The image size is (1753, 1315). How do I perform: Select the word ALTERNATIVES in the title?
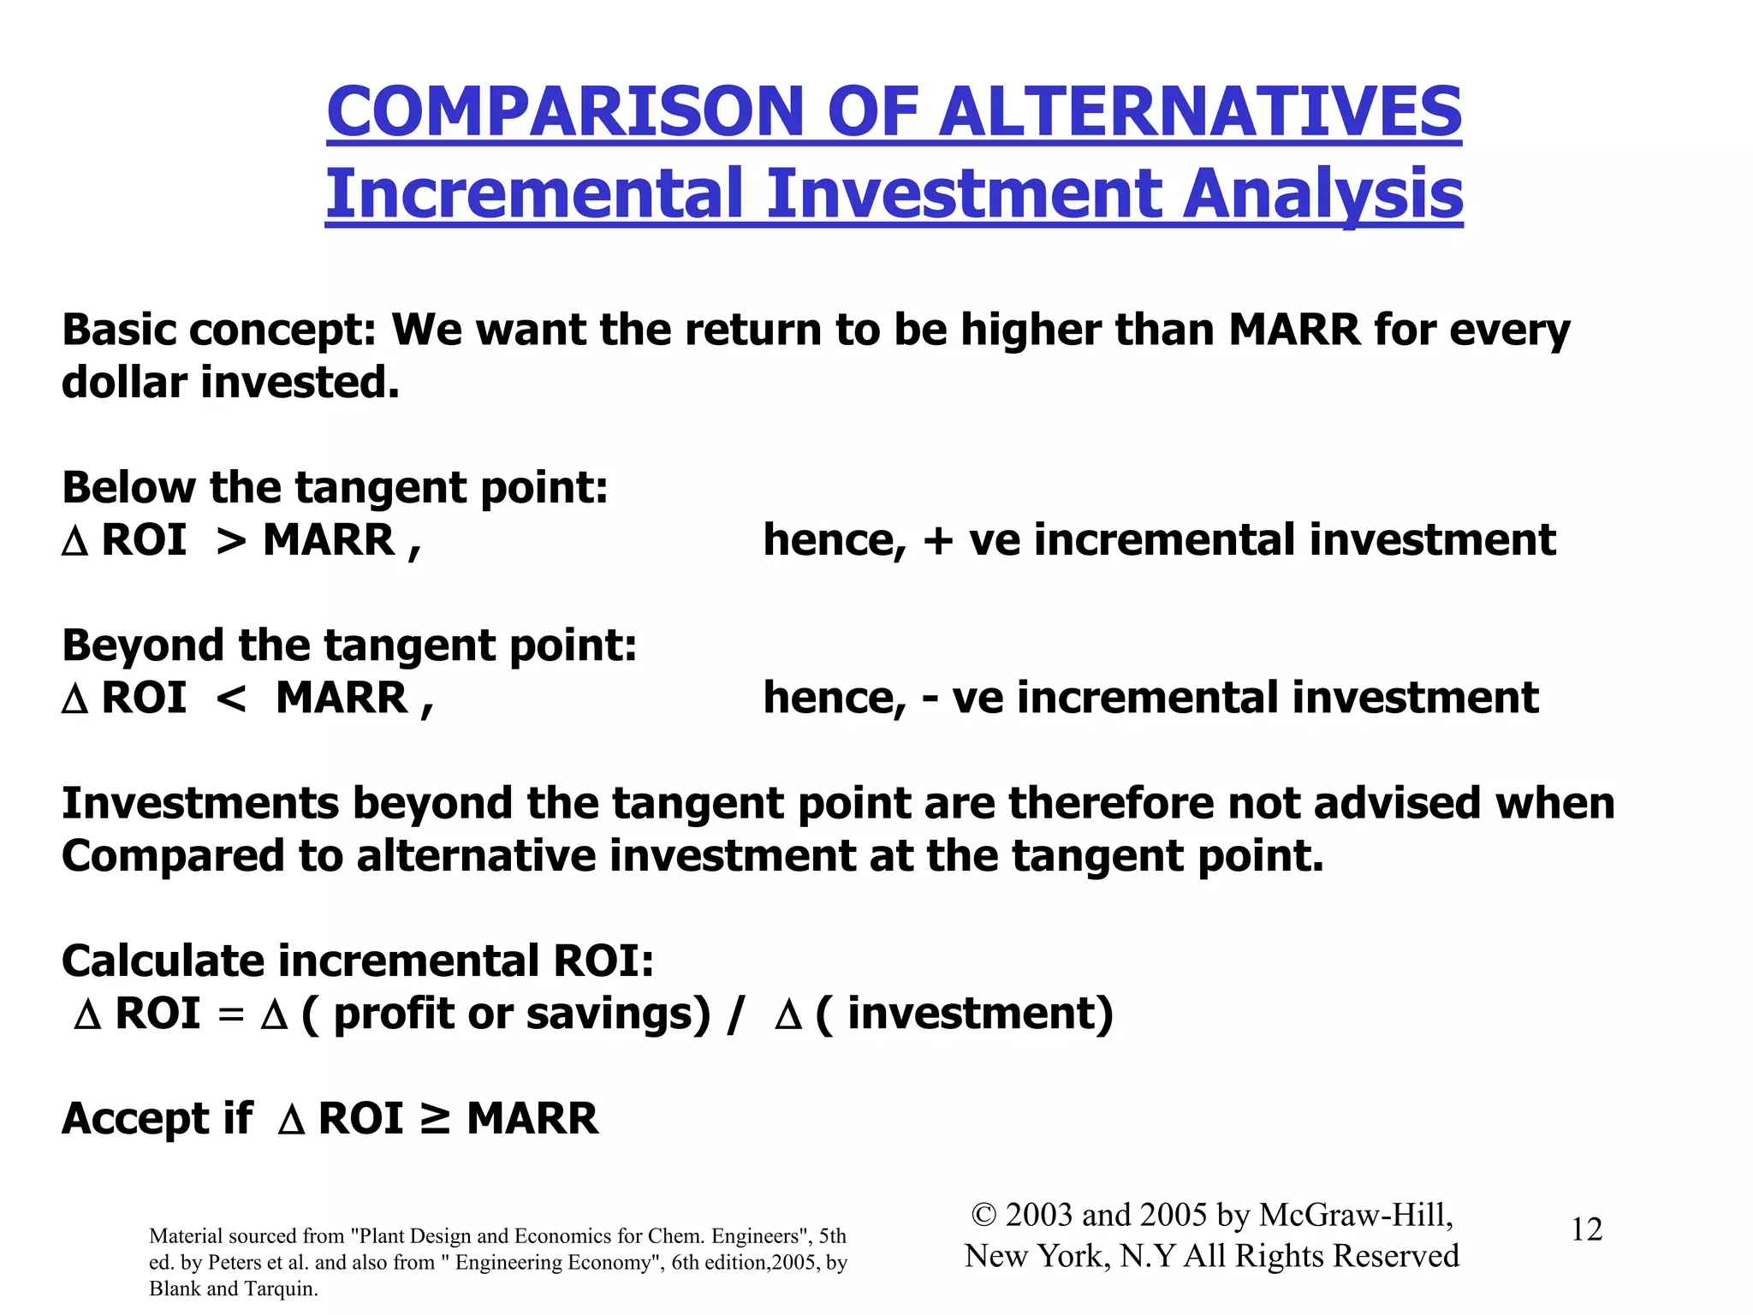(1200, 112)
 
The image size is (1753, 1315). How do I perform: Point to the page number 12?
(1586, 1229)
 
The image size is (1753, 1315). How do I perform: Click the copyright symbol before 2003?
(984, 1215)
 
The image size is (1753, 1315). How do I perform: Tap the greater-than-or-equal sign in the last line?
(435, 1118)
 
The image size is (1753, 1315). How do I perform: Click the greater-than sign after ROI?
(232, 541)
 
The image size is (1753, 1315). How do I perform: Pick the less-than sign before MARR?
(232, 699)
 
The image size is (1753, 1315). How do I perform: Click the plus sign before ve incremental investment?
(938, 541)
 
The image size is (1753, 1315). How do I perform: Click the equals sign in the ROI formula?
(230, 1015)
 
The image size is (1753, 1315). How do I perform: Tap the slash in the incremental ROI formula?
(734, 1015)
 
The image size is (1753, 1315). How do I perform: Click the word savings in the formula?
(618, 1015)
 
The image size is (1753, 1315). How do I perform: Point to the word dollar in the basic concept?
(124, 382)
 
